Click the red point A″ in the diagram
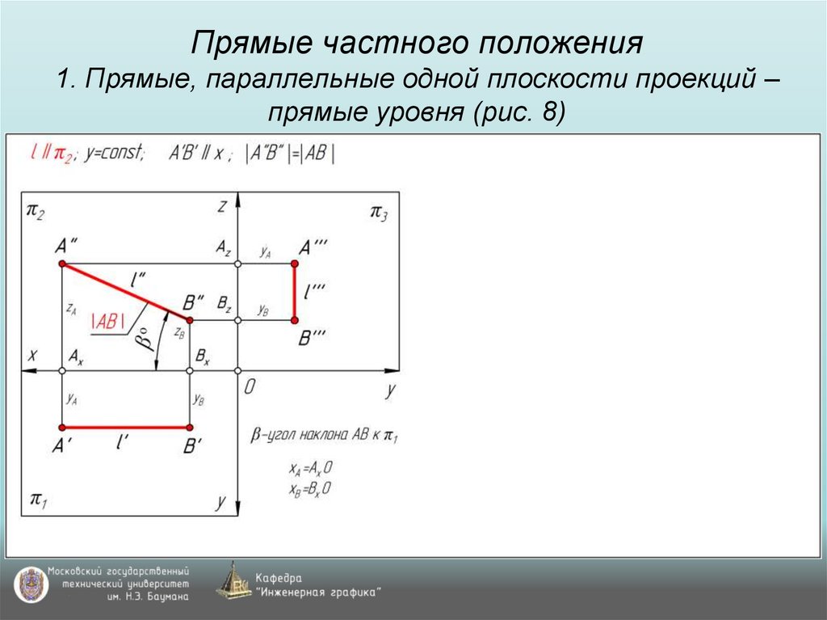click(62, 264)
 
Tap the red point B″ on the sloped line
click(190, 320)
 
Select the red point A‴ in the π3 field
click(295, 264)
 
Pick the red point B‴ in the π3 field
click(295, 320)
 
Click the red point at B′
click(190, 427)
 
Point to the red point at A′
click(62, 427)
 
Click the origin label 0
click(250, 387)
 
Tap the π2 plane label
click(36, 211)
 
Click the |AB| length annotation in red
click(107, 321)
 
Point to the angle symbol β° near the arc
click(144, 339)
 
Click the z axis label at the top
click(220, 206)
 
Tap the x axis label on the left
click(32, 354)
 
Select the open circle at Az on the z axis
click(237, 264)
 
